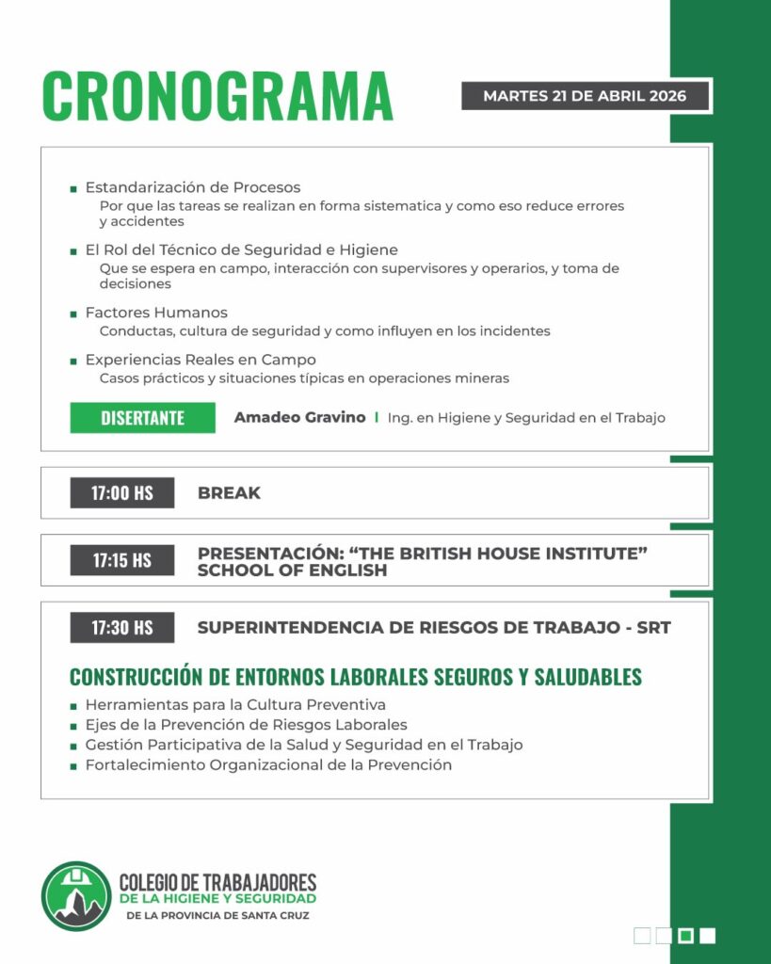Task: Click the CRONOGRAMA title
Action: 217,95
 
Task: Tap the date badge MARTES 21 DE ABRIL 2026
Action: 585,96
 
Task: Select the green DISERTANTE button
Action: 142,418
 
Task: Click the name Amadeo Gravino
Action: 299,417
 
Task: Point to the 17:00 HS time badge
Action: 122,492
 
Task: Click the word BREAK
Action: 229,492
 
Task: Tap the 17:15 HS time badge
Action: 122,560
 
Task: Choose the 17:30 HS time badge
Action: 122,627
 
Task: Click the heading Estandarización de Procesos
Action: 193,187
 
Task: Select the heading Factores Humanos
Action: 156,313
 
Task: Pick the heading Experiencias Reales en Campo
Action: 201,360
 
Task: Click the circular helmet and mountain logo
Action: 76,895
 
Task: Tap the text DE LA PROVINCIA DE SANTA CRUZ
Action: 217,915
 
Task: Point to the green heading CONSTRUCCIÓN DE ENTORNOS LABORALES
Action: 356,677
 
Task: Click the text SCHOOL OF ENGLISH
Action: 292,570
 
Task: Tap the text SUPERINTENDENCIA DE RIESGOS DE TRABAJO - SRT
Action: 434,627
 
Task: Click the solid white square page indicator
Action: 708,935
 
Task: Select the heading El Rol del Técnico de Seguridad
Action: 241,250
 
